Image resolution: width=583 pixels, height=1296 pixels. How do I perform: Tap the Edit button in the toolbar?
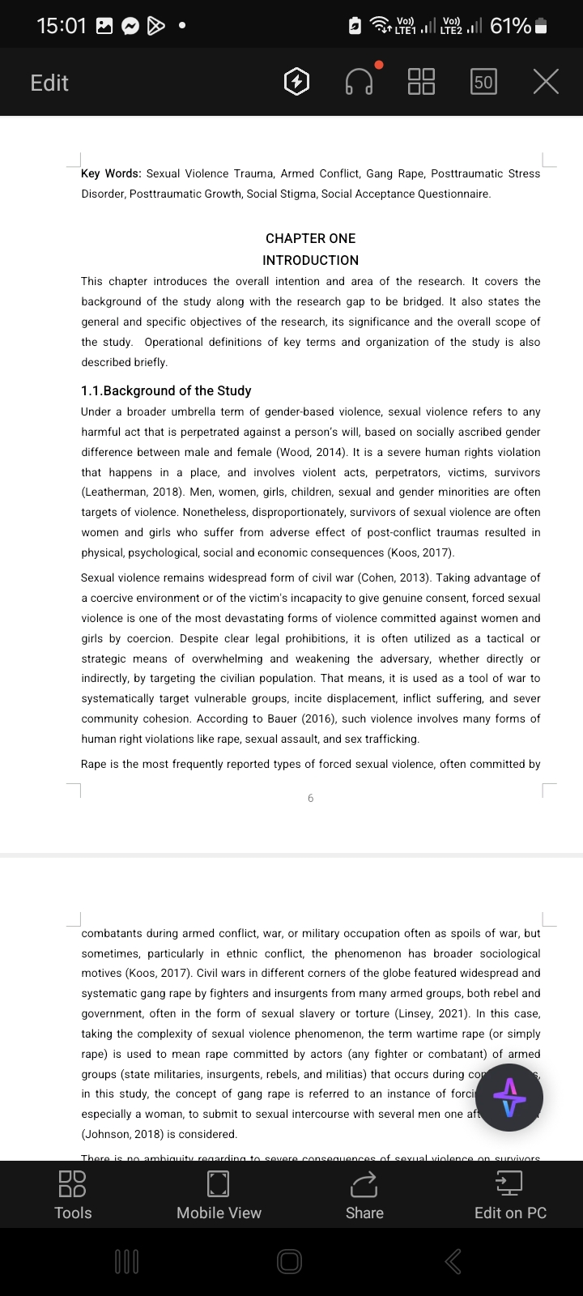[49, 83]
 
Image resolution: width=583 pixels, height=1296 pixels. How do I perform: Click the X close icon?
[546, 82]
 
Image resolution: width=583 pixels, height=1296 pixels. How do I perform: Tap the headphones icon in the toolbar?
[359, 82]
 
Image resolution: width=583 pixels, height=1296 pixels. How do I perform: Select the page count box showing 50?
[483, 82]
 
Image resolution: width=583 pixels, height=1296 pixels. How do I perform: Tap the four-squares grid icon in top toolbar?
[421, 82]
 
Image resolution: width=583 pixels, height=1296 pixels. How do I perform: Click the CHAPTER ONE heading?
[310, 238]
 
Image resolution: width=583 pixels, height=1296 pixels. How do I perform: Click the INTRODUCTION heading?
[310, 260]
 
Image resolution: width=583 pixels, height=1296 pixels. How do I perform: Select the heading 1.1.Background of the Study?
[166, 390]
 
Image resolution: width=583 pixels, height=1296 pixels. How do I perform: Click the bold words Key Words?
[111, 173]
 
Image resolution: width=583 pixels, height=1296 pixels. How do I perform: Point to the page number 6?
[310, 799]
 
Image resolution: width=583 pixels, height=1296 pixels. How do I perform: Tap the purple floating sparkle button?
[509, 1098]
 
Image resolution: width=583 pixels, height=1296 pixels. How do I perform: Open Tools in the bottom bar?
[73, 1195]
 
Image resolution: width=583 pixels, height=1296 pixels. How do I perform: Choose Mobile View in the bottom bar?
[219, 1195]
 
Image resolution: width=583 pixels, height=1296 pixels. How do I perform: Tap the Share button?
[364, 1195]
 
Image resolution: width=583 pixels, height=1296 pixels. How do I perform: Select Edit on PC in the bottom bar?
[510, 1195]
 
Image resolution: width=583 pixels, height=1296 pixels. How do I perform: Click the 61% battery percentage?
[510, 26]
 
